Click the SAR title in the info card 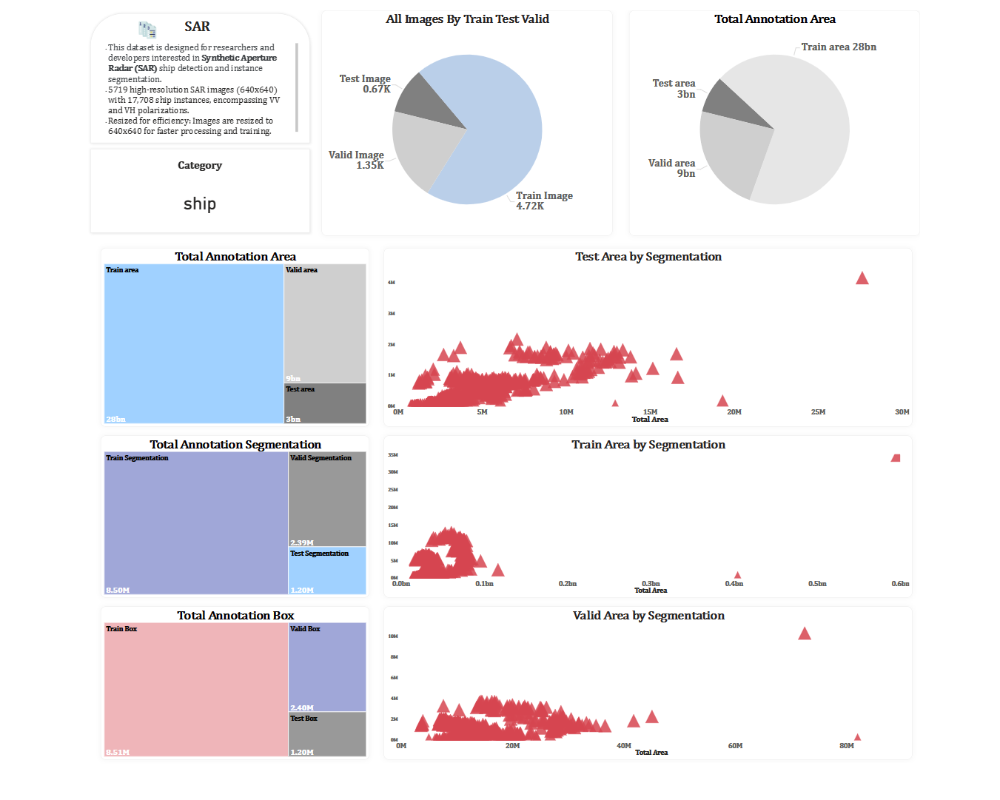(197, 27)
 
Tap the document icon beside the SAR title (147, 30)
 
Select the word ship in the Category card (200, 204)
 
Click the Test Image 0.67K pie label (366, 84)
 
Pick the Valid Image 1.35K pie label (357, 160)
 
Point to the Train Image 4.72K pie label (543, 201)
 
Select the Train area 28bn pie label (839, 47)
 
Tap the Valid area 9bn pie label (672, 168)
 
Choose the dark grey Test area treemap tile (326, 403)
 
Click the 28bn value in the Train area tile (115, 419)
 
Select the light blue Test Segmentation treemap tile (327, 571)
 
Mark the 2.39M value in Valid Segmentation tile (302, 542)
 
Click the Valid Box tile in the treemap (327, 666)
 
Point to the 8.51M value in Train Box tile (118, 752)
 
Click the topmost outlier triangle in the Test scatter (862, 278)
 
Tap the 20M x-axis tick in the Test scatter (734, 411)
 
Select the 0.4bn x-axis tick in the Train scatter (734, 584)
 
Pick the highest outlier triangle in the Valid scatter (805, 633)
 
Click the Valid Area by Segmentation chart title (648, 616)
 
